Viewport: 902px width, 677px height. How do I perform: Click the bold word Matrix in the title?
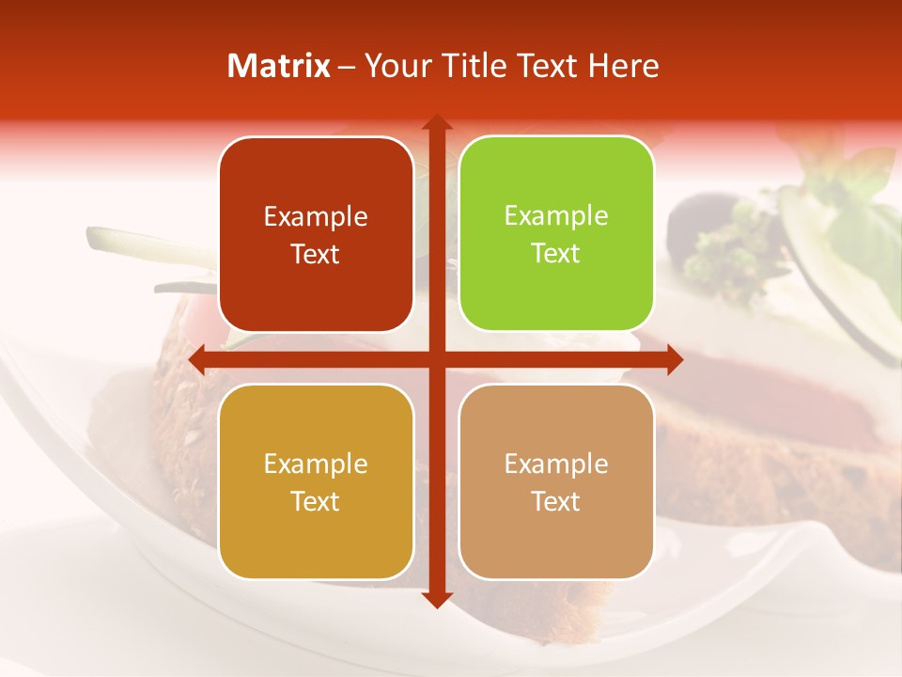(279, 66)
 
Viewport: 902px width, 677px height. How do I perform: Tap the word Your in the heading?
(395, 66)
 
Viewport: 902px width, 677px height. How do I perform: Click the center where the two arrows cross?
(435, 359)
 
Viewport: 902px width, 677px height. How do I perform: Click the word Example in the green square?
(556, 216)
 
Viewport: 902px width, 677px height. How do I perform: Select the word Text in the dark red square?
(316, 255)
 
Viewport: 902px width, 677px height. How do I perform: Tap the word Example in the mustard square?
(316, 464)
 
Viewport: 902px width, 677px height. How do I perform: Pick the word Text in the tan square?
(556, 501)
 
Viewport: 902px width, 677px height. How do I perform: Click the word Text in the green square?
(556, 254)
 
